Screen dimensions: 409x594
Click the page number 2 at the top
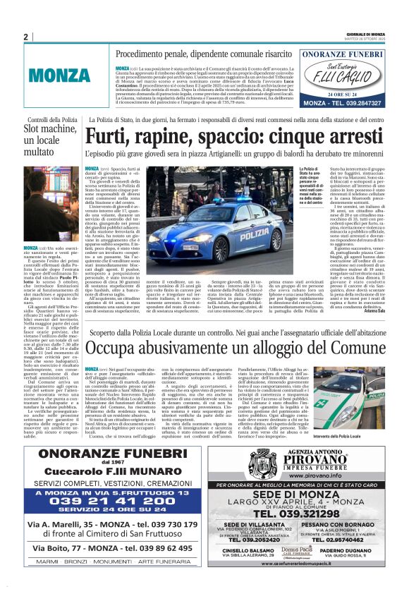pyautogui.click(x=25, y=37)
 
